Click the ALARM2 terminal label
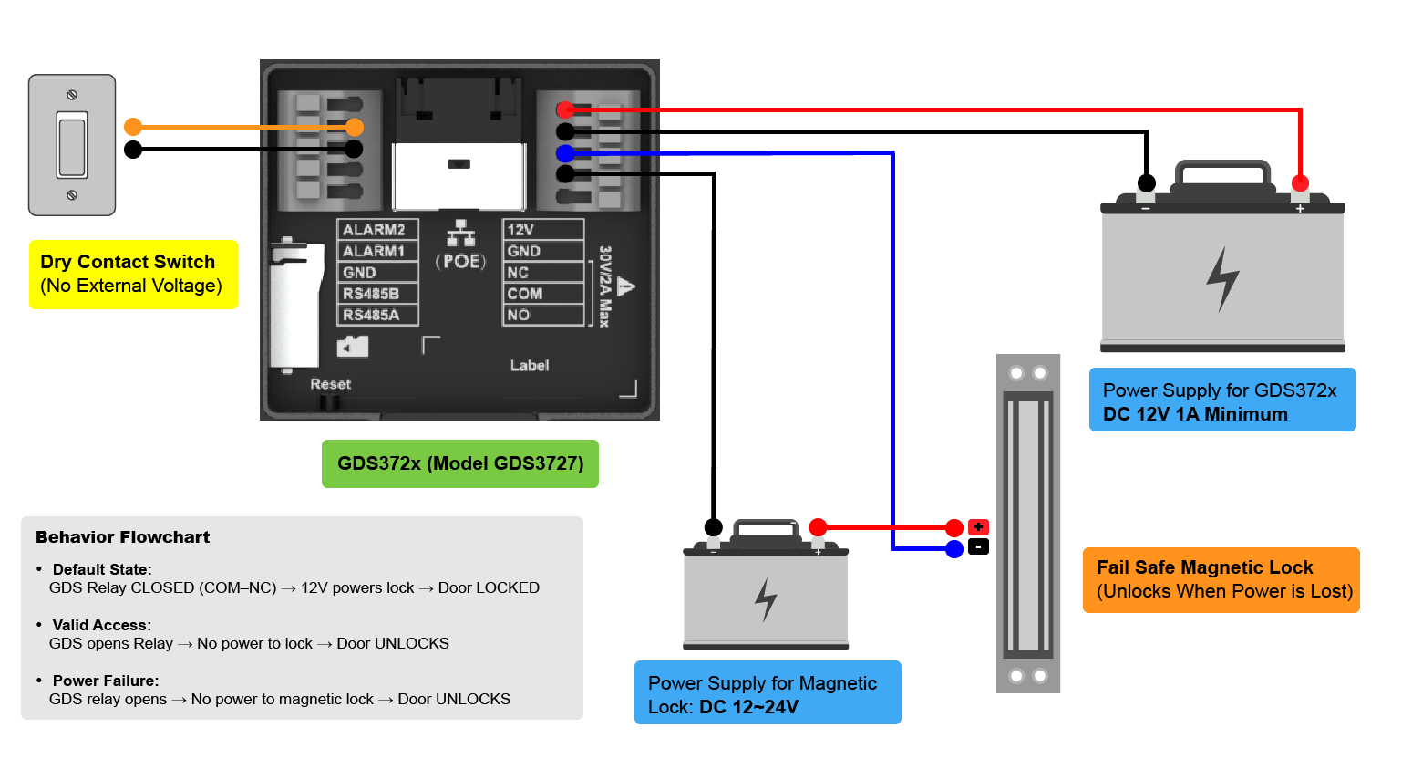(374, 230)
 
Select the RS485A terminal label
(371, 315)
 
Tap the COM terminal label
(524, 294)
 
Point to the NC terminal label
(518, 273)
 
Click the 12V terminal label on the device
(520, 230)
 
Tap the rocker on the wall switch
(72, 144)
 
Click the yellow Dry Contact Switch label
(133, 275)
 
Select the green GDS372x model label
(460, 463)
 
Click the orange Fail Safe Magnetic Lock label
(1221, 580)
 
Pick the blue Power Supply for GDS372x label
(1222, 400)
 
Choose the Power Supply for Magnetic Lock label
(768, 692)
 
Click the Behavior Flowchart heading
(122, 537)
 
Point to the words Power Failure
(105, 681)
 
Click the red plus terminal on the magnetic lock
(978, 526)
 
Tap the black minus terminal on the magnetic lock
(978, 547)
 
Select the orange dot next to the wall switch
(133, 127)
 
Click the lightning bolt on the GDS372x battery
(1223, 279)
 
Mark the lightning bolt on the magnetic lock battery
(766, 599)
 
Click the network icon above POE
(460, 234)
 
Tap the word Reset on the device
(330, 384)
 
